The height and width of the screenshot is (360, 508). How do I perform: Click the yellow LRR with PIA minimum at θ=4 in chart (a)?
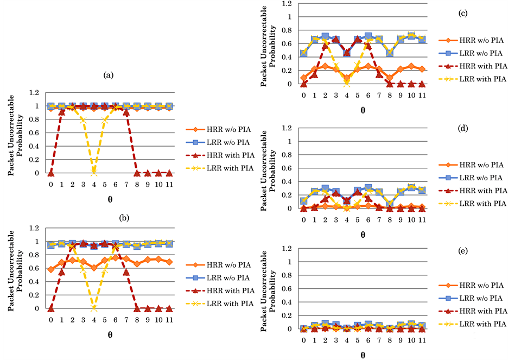pyautogui.click(x=94, y=173)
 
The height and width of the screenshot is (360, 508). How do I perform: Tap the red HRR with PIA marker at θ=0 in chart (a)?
pyautogui.click(x=51, y=173)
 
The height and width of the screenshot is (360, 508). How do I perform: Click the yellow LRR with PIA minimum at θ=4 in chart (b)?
pyautogui.click(x=94, y=308)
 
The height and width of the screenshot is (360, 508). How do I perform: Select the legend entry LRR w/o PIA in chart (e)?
pyautogui.click(x=478, y=298)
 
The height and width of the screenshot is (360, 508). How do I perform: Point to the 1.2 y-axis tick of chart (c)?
pyautogui.click(x=293, y=4)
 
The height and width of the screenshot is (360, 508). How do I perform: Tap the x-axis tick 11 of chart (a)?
pyautogui.click(x=169, y=184)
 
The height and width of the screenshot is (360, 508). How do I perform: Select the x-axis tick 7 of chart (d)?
pyautogui.click(x=379, y=220)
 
